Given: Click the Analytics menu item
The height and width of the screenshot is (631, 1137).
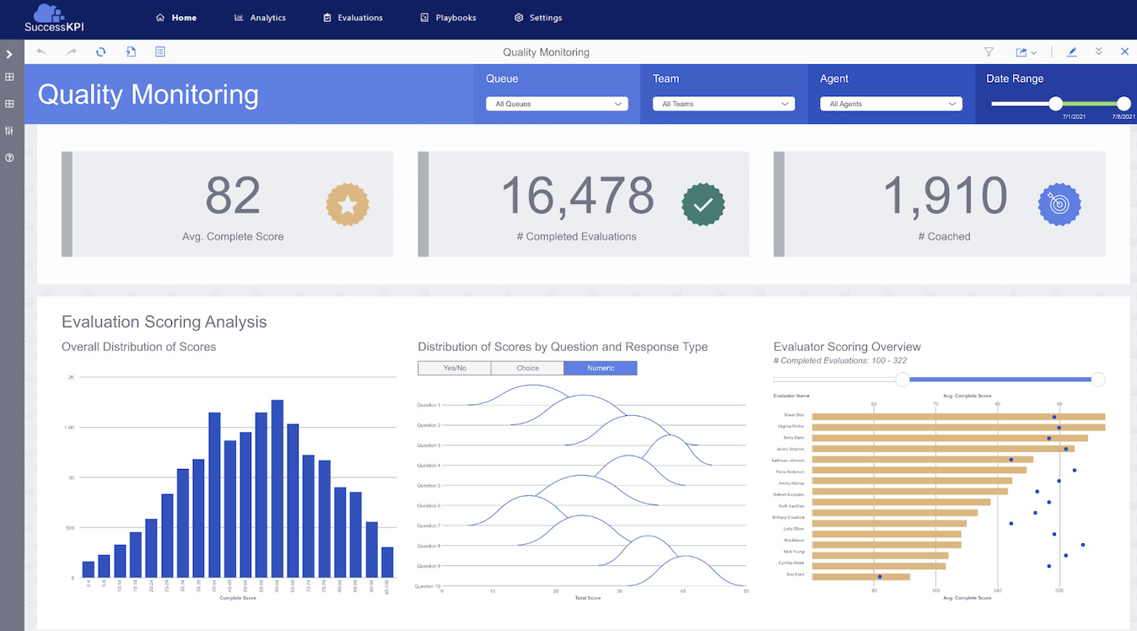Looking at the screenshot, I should coord(261,18).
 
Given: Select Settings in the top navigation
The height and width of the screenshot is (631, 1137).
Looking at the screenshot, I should coord(538,18).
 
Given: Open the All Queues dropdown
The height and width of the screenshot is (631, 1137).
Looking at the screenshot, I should coord(557,104).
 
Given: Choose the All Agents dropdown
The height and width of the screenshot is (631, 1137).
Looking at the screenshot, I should coord(891,104).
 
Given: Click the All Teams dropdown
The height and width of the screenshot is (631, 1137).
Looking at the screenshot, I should coord(724,104).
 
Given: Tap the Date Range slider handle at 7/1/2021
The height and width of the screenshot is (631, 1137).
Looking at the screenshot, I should coord(1055,103).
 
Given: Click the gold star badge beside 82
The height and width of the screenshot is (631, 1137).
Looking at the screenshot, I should coord(348,204).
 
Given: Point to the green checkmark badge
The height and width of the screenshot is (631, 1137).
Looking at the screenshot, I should coord(703,204).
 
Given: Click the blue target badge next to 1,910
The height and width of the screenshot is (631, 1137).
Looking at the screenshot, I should coord(1059,204).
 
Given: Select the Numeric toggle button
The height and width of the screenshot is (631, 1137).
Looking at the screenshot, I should coord(601,368).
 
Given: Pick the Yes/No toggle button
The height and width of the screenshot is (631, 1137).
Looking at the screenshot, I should coord(454,368).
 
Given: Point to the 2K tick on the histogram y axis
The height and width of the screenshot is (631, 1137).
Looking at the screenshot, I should coord(71,377).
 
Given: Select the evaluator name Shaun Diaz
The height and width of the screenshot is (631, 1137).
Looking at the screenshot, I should coord(795,415).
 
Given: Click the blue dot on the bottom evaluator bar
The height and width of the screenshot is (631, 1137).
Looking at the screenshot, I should coord(880,577).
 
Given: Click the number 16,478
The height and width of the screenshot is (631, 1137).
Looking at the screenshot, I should coord(578,196).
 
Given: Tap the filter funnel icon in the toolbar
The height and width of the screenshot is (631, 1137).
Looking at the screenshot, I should coord(989,52).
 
